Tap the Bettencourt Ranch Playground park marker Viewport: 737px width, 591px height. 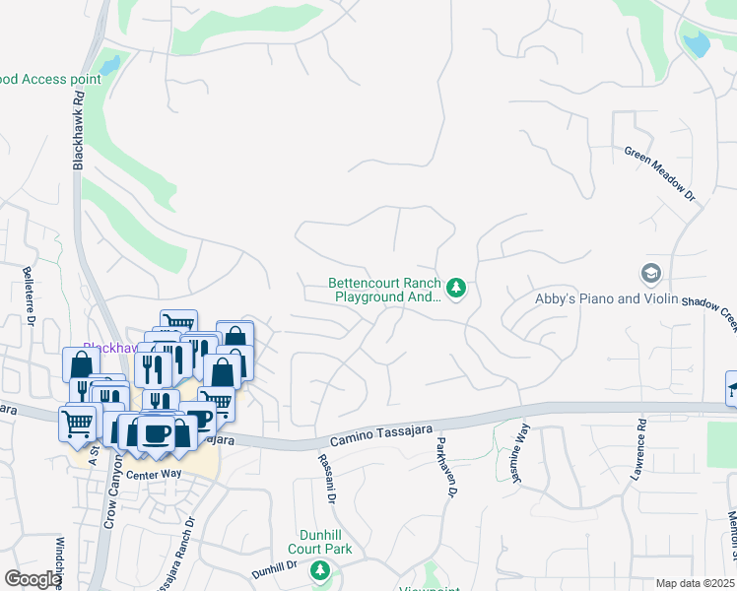click(x=455, y=288)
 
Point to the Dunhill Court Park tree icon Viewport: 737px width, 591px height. click(x=319, y=570)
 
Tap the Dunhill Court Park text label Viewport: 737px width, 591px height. click(x=319, y=540)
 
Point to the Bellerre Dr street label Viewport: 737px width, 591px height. click(x=29, y=296)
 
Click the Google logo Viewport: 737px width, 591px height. click(x=33, y=579)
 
